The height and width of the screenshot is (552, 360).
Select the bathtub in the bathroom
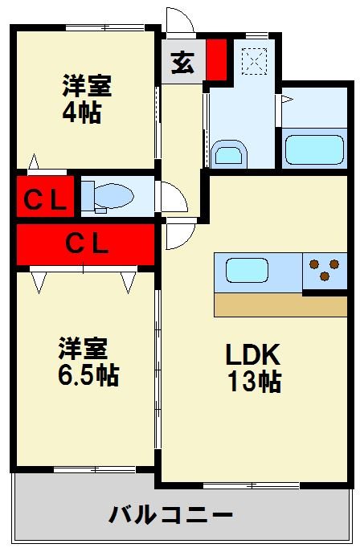(x=314, y=149)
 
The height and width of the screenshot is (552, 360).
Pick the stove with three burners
(x=325, y=271)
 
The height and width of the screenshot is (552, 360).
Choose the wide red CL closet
(x=86, y=243)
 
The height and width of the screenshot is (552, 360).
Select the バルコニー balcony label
(x=171, y=514)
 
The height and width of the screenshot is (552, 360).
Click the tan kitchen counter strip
(x=280, y=305)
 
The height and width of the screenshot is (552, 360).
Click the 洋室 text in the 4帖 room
(x=87, y=85)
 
